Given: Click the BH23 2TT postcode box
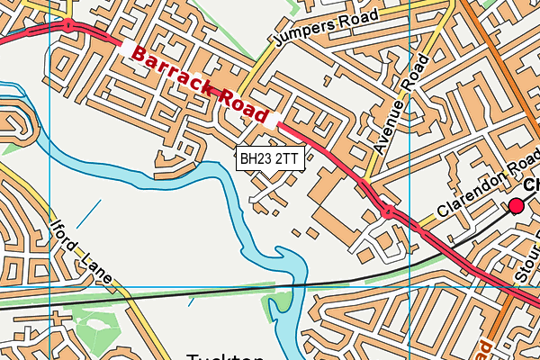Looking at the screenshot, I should tap(269, 158).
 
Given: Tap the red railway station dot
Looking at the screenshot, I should tap(516, 207).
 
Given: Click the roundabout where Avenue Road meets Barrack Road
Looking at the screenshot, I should tap(389, 212).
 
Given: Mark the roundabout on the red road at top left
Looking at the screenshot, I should tap(68, 25).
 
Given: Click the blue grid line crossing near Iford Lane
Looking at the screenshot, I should tap(49, 289).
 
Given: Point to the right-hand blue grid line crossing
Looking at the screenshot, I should tap(409, 289).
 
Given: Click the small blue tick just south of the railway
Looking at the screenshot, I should tap(190, 302).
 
